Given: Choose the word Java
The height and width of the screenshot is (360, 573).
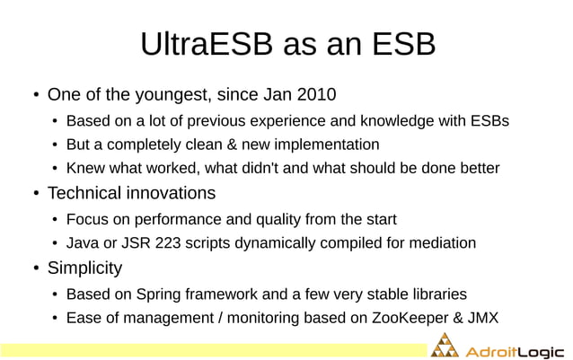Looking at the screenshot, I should click(83, 242).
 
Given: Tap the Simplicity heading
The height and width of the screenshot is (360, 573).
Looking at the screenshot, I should click(84, 268).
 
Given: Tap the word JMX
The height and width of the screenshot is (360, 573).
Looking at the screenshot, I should click(482, 317).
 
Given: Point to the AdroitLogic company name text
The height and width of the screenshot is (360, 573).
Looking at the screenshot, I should click(515, 350).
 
